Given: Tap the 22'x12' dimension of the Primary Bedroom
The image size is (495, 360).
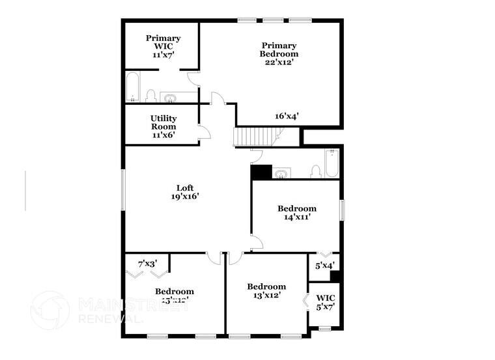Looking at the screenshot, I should pos(279,62).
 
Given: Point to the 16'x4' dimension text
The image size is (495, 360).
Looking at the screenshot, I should pos(287,116).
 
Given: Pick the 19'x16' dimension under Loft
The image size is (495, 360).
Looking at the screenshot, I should pos(185,196).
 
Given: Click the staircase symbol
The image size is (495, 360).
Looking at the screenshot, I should pos(255,137).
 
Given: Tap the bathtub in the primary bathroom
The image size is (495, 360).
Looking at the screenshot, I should pos(133,88).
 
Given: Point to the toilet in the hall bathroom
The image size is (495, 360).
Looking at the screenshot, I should pos(316,171).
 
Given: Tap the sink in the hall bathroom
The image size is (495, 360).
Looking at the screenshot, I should pos(281,173).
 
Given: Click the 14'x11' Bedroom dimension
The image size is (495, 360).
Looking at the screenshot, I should pos(297,217).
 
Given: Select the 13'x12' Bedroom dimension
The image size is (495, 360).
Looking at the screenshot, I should pos(266,296).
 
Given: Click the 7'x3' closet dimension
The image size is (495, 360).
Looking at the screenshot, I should pos(147,264).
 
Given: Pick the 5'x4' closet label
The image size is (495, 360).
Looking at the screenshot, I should pos(324,266).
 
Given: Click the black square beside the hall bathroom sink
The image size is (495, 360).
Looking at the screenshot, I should pos(261,173).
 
